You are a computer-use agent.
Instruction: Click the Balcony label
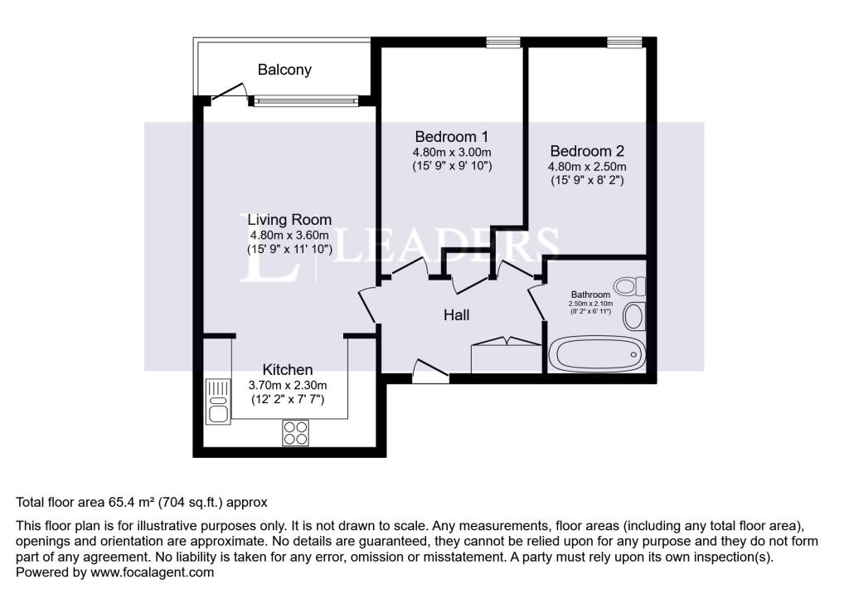pyautogui.click(x=284, y=70)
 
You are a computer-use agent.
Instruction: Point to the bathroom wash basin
pyautogui.click(x=634, y=316)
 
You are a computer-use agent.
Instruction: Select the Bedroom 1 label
pyautogui.click(x=452, y=136)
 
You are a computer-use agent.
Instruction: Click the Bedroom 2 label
pyautogui.click(x=587, y=151)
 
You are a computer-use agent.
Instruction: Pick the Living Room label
pyautogui.click(x=289, y=220)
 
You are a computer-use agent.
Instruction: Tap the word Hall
pyautogui.click(x=456, y=315)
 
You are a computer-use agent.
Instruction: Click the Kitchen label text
pyautogui.click(x=288, y=369)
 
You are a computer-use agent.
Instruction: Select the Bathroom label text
pyautogui.click(x=590, y=295)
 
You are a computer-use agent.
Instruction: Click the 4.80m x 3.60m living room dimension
pyautogui.click(x=289, y=235)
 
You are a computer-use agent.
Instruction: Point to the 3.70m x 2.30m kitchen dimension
pyautogui.click(x=288, y=385)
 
